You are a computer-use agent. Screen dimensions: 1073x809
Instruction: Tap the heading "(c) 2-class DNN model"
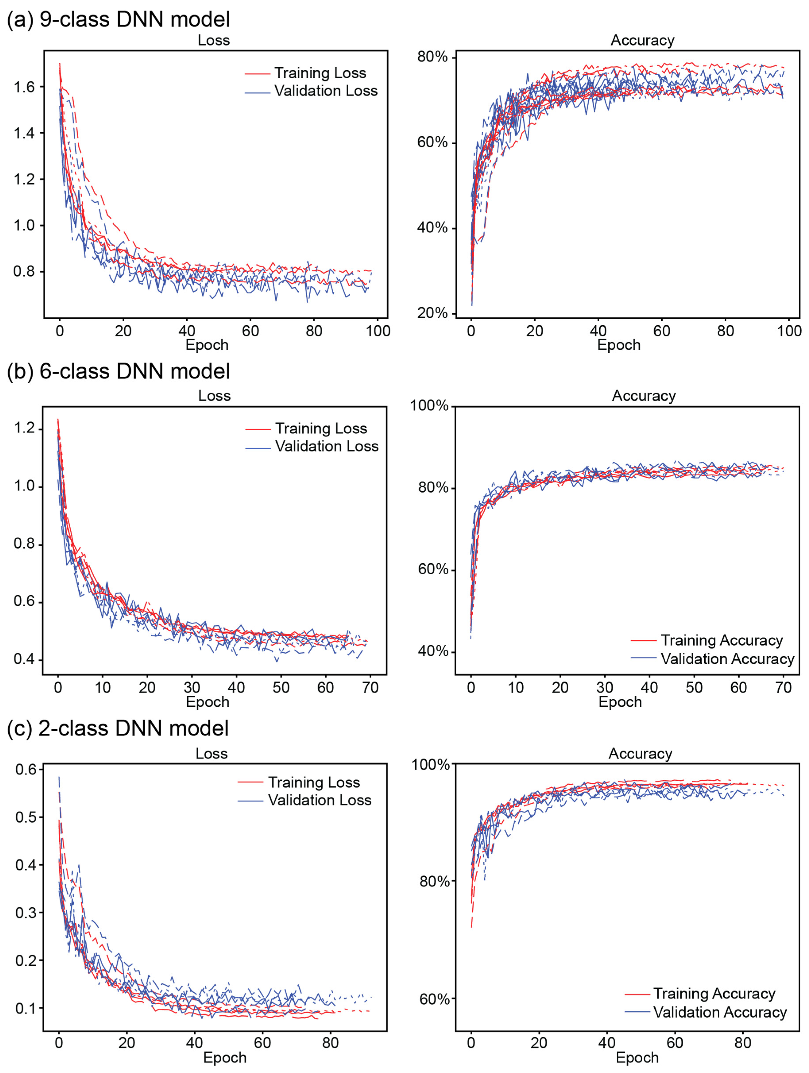118,729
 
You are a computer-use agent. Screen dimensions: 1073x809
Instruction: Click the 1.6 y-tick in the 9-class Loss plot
24,87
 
